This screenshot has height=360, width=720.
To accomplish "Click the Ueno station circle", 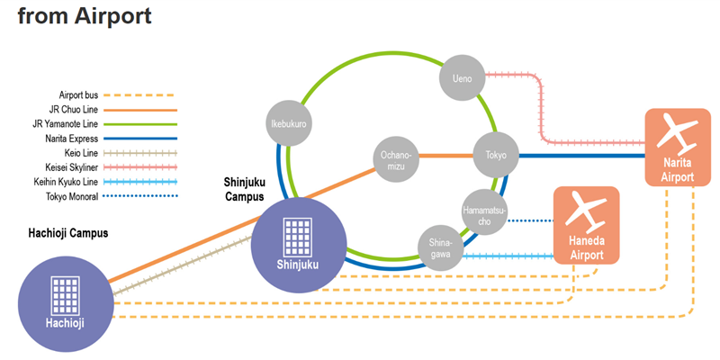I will pos(462,78).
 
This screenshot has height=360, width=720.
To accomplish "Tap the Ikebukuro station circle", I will pos(289,122).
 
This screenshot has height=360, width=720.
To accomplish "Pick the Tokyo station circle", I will pos(496,156).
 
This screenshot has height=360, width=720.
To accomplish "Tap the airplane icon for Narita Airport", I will pos(677,135).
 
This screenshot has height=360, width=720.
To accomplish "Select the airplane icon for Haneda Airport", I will pos(587,211).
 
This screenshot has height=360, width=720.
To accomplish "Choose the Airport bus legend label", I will pos(78,94).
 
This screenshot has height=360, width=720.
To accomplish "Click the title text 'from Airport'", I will pos(84,16).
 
